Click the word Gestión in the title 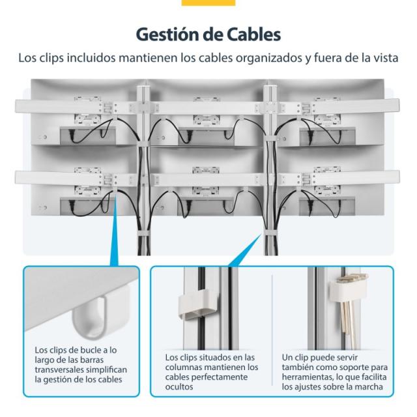pyautogui.click(x=167, y=33)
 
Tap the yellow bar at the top pyautogui.click(x=208, y=3)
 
